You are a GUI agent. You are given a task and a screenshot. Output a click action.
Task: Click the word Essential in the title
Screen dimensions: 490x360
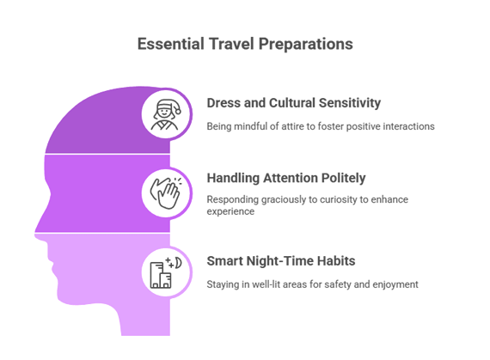click(x=171, y=44)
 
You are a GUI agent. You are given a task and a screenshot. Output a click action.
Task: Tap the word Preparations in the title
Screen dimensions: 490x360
click(x=306, y=45)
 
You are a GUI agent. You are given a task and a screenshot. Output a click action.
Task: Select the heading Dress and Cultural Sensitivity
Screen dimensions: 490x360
click(x=294, y=103)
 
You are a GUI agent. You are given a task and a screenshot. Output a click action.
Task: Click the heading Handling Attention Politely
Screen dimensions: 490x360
click(x=286, y=178)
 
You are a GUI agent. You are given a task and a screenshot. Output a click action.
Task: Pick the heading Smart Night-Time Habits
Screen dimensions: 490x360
click(x=281, y=261)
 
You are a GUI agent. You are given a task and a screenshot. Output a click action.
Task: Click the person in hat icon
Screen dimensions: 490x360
click(x=166, y=114)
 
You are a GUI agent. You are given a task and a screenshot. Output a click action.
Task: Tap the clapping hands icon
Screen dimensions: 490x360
click(x=166, y=192)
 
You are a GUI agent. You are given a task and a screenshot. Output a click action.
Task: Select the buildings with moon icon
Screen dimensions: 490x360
click(x=166, y=272)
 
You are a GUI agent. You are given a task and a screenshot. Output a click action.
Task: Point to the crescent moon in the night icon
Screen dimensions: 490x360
click(x=178, y=263)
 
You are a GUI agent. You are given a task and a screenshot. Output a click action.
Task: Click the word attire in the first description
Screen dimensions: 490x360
click(x=293, y=126)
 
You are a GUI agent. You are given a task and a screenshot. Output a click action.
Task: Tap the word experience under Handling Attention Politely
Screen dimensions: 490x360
click(x=230, y=211)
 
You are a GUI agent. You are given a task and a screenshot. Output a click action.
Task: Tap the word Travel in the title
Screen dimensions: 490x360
click(x=231, y=44)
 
